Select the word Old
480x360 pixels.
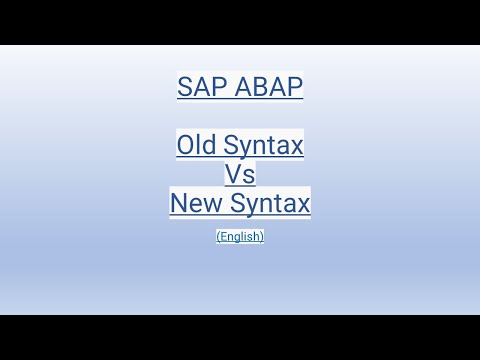point(196,146)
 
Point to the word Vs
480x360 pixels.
point(240,175)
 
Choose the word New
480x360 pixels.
point(195,204)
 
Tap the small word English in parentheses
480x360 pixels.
point(240,237)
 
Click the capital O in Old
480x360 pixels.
point(185,146)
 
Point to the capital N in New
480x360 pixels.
point(179,204)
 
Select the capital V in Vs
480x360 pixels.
point(233,175)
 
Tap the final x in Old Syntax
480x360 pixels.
point(298,146)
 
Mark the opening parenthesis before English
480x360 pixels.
point(218,237)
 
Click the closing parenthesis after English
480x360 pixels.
point(262,237)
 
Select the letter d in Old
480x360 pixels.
point(209,146)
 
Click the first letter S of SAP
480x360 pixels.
point(185,87)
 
